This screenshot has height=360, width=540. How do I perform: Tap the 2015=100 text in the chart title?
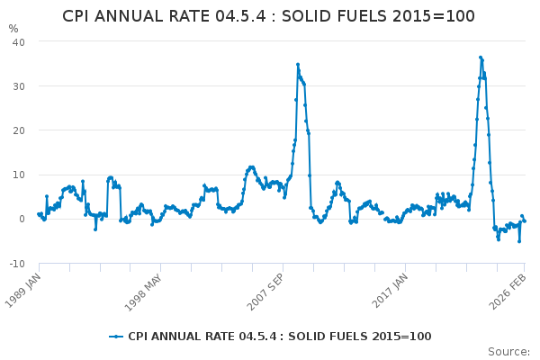[437, 16]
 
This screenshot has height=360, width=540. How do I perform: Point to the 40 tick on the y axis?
[18, 42]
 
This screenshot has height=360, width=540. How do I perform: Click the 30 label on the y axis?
[18, 86]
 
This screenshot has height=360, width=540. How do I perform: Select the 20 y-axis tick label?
[18, 130]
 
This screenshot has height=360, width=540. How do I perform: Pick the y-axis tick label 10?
[18, 175]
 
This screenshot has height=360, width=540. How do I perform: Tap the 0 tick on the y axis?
[22, 219]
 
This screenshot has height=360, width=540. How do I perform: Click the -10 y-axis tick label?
[16, 263]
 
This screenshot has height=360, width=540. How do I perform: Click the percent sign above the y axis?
[13, 29]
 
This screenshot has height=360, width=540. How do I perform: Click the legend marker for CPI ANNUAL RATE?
[116, 337]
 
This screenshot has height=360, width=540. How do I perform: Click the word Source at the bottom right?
[508, 352]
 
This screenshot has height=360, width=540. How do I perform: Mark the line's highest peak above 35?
[481, 57]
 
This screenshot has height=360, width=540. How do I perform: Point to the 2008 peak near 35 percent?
[298, 65]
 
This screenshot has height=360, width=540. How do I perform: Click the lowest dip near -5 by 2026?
[518, 241]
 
